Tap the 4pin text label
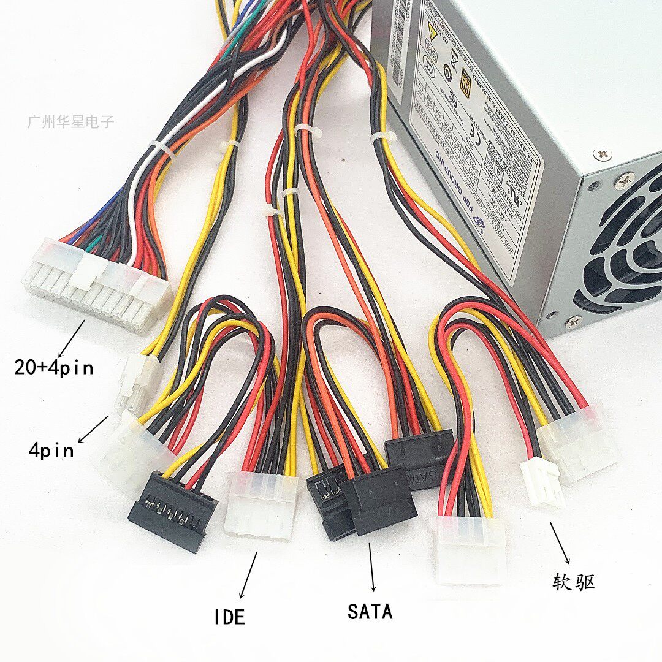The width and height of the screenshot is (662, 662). (51, 450)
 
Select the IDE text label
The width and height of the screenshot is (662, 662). (229, 616)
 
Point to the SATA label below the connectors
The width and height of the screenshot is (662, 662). (370, 611)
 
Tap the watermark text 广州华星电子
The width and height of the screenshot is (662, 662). (70, 121)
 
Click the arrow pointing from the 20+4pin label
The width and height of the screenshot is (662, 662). (72, 338)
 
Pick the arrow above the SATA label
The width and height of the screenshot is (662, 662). (371, 567)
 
